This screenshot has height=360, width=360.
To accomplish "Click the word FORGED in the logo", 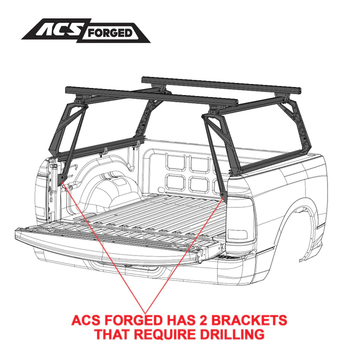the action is click(x=109, y=33).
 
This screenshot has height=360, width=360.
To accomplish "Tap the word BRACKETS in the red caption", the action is click(x=249, y=320).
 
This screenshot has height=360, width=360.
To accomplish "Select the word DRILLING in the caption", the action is click(x=232, y=334).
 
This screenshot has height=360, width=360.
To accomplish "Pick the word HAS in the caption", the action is click(x=180, y=320).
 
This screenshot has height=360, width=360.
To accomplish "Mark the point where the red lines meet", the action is click(x=145, y=313).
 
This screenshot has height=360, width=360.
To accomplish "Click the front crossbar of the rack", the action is click(x=221, y=85).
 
